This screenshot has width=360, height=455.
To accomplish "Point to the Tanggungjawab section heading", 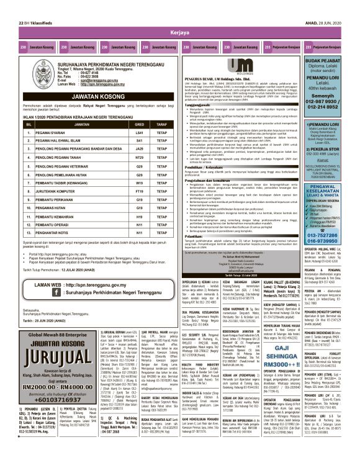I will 197,104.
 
